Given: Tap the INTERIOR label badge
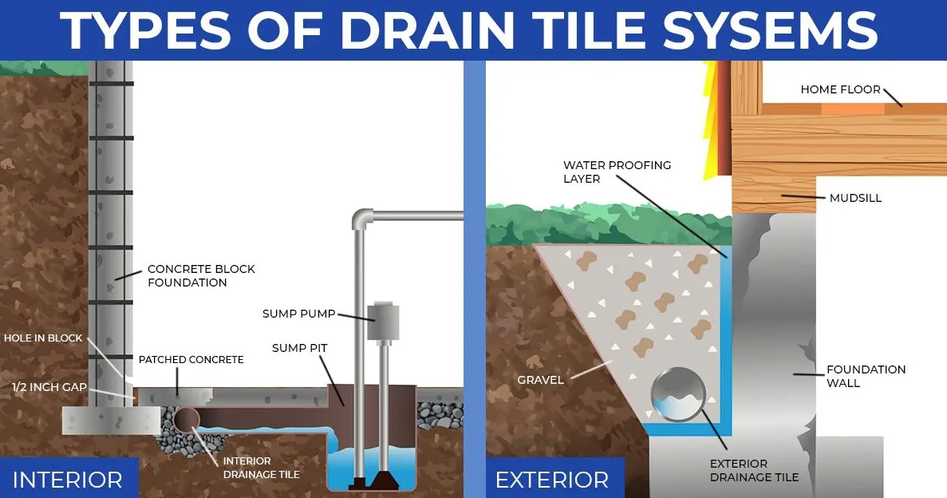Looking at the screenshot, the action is pos(68,480).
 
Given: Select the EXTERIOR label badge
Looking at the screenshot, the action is pos(551,480).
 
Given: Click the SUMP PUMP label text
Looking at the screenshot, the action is pos(299,314).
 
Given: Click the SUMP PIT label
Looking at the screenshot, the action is pos(300,348).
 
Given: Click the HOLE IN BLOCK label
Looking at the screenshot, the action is pos(43,338).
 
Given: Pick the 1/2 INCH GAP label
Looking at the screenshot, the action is pos(49,387).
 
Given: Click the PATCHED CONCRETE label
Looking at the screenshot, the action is pos(191,360).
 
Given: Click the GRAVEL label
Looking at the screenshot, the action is pos(540,380).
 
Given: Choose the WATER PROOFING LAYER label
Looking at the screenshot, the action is pos(618,172).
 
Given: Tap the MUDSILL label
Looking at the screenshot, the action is pos(855,198).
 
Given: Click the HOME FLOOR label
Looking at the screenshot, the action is pos(841,89).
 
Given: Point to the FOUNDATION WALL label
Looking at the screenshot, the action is pos(866,376).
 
